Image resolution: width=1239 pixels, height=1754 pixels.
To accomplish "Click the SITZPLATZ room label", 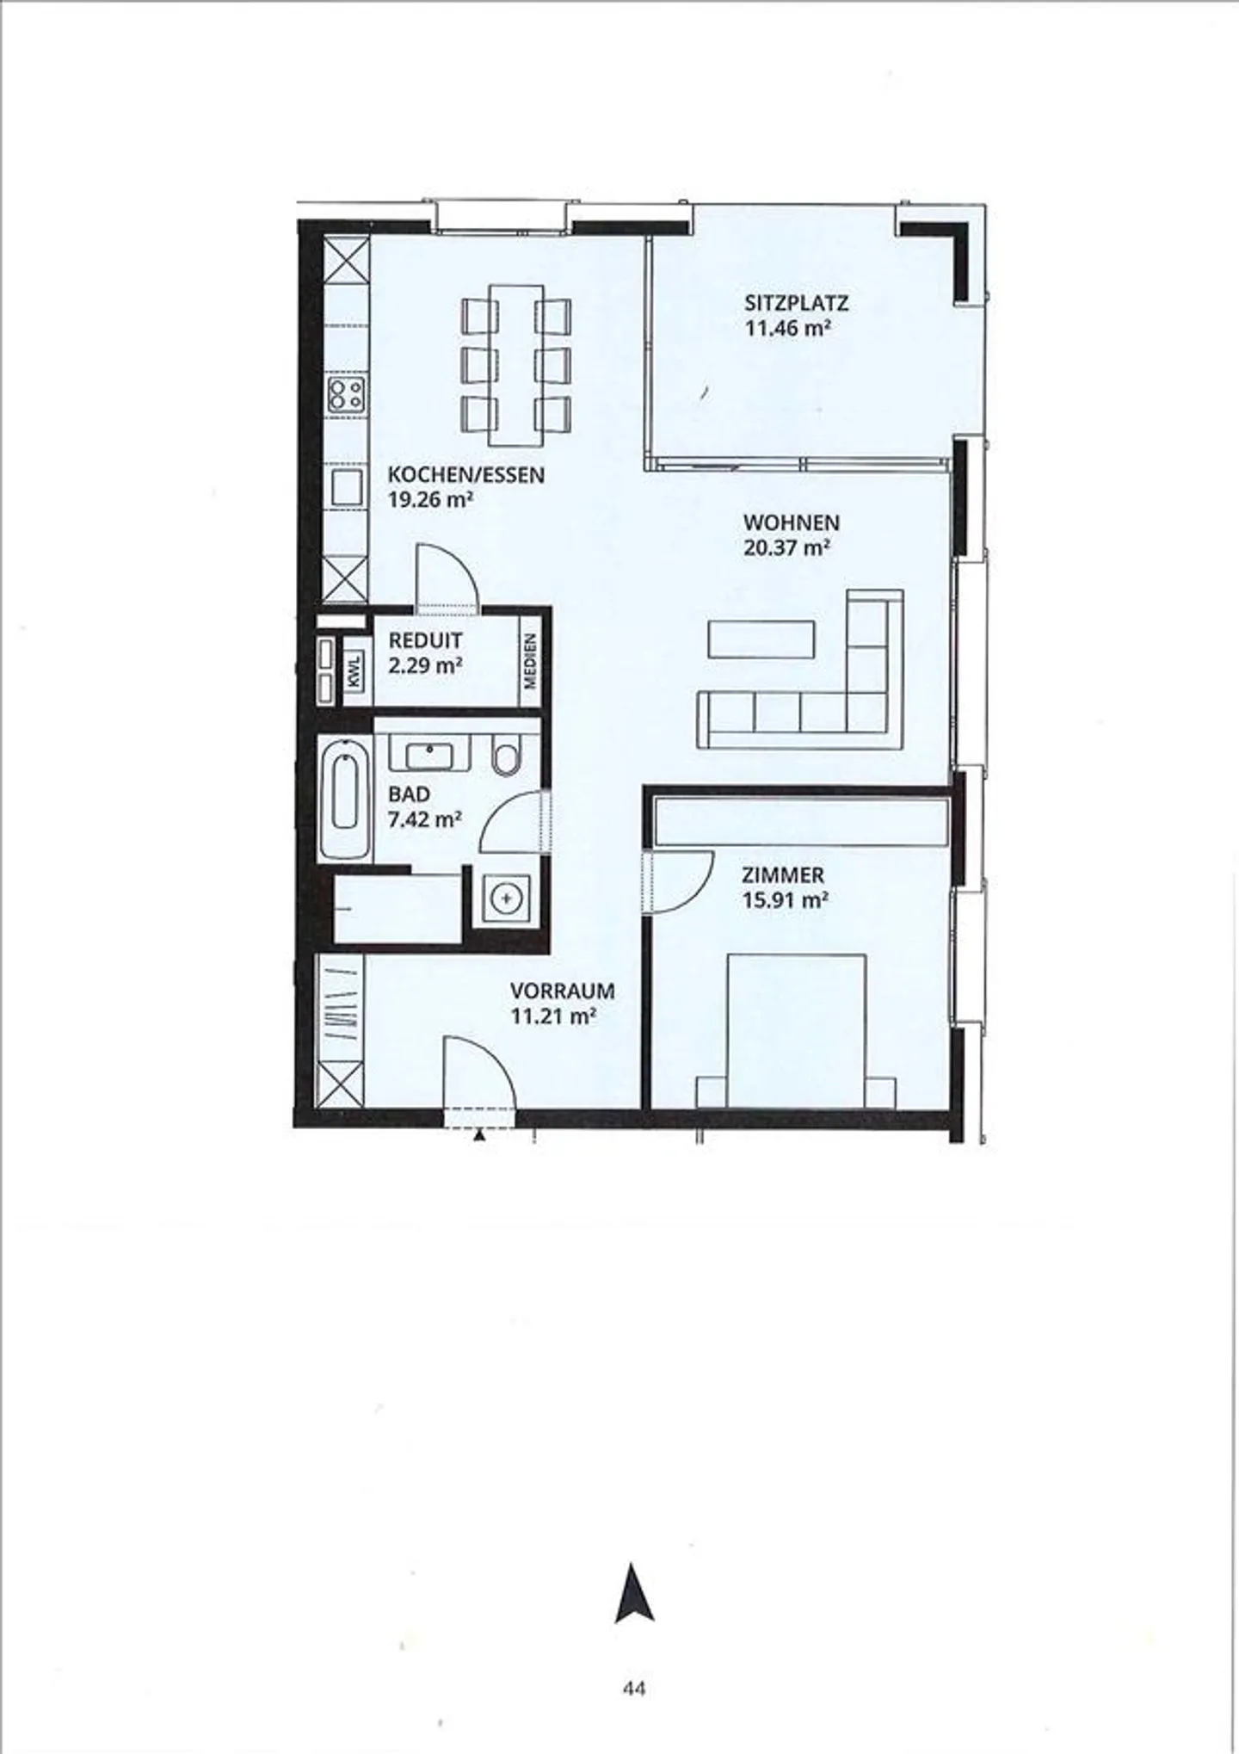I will pos(796,303).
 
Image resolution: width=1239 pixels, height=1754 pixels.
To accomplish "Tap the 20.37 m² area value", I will pos(786,547).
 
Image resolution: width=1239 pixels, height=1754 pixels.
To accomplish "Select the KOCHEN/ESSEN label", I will pos(465,474).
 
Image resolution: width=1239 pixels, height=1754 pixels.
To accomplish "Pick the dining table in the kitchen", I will pos(516,365).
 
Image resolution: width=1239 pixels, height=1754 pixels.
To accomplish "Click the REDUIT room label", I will pos(425,640).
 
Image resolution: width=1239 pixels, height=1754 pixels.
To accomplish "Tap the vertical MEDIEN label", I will pos(530,660).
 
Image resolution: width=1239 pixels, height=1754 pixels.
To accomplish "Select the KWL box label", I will pos(355,670).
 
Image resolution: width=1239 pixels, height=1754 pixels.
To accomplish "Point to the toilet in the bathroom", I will pos(508,756).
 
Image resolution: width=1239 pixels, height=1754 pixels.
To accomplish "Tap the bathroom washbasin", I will pos(428,756).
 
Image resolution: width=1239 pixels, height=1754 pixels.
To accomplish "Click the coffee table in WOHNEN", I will pos(761,639).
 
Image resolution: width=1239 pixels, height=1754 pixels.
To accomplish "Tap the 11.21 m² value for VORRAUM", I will pos(553,1016).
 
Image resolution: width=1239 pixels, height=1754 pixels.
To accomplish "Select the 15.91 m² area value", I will pos(785,900).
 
